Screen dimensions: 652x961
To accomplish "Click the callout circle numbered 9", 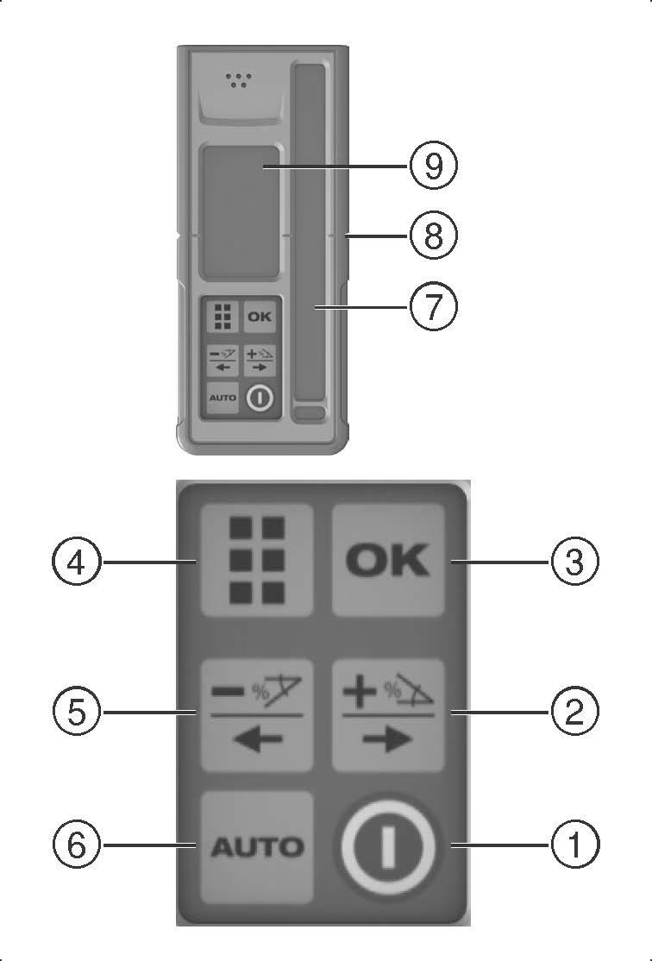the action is click(433, 166).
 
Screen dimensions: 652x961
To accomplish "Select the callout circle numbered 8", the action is click(433, 236).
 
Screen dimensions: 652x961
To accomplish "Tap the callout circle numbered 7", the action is click(433, 305).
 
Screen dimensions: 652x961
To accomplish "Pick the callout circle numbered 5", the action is click(77, 713).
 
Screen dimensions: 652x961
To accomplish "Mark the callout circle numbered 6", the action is click(77, 845).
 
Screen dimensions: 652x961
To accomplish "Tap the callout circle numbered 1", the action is click(574, 845).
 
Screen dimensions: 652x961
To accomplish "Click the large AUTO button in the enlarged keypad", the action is click(257, 847).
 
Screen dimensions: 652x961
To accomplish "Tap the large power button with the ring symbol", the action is click(388, 846).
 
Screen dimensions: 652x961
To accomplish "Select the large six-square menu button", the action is click(257, 560).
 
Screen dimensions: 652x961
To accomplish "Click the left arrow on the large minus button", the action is click(258, 740).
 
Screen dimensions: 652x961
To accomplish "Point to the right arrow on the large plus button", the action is click(387, 740).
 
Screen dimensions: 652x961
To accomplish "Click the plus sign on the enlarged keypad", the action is click(360, 692).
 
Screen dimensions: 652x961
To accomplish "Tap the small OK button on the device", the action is click(260, 317).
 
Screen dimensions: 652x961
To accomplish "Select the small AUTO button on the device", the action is click(223, 397).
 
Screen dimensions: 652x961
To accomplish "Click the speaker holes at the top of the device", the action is click(238, 79).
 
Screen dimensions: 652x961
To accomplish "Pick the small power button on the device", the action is click(260, 398).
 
